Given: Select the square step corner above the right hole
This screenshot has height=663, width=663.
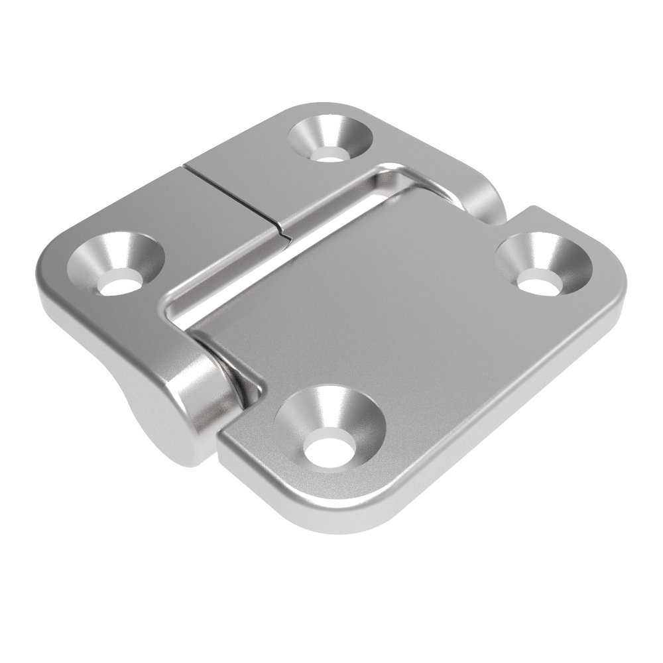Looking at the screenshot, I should pos(534,211).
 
